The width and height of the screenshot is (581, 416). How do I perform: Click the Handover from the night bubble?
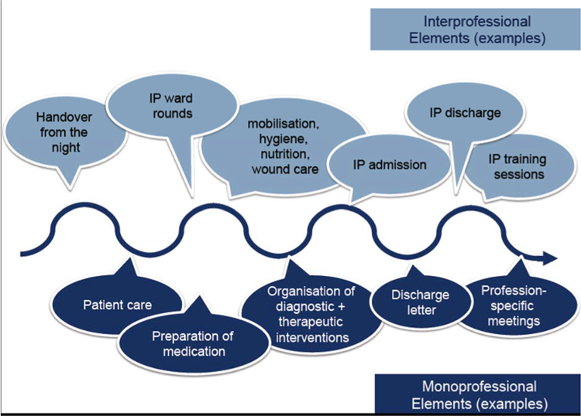(x=64, y=132)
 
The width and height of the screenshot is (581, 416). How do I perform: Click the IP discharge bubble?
(x=464, y=114)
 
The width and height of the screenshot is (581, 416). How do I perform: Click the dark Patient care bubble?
(x=117, y=304)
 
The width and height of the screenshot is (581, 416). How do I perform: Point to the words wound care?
(x=284, y=169)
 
